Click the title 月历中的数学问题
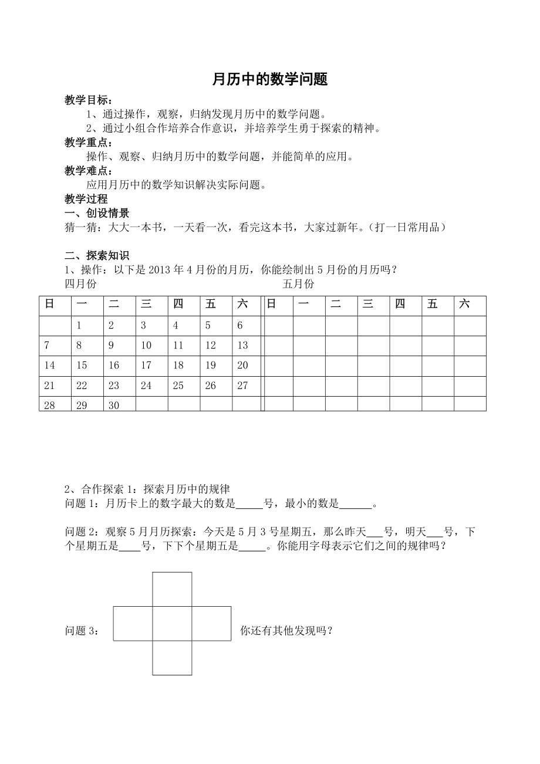tap(269, 80)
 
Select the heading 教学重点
tap(89, 143)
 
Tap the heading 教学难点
tap(89, 171)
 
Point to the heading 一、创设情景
tap(97, 213)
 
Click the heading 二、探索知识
tap(97, 255)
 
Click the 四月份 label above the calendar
tap(80, 284)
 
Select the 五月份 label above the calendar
tap(298, 284)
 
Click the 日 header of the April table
tap(49, 304)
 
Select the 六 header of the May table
tap(464, 304)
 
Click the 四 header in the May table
tap(400, 304)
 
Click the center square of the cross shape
tap(172, 623)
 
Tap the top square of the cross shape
tap(172, 589)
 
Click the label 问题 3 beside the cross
tap(82, 631)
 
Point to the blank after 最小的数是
tap(356, 503)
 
